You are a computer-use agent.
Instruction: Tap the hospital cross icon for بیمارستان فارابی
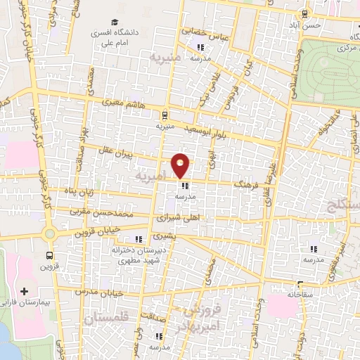tap(25, 290)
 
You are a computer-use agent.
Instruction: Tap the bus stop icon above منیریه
tap(164, 115)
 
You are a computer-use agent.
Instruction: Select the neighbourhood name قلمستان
tap(103, 320)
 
